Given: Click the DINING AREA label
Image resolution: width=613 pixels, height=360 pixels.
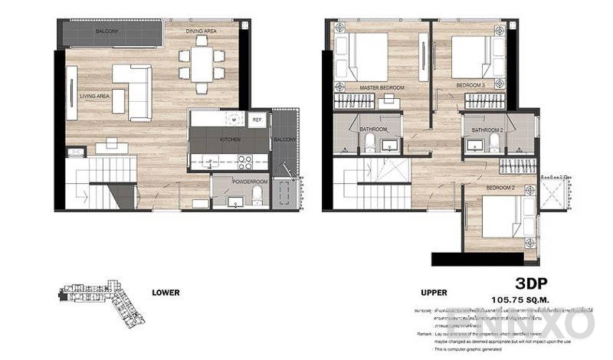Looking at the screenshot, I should click(201, 31).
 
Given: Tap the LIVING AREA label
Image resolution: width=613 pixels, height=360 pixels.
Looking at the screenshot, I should click(96, 96).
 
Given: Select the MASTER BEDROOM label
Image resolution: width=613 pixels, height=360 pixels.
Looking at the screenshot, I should click(382, 89).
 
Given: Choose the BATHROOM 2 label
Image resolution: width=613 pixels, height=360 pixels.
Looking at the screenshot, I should click(487, 131).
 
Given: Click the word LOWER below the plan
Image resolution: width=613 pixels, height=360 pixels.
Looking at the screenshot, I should click(166, 292).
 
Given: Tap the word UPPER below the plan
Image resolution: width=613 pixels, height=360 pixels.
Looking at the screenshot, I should click(434, 292).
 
